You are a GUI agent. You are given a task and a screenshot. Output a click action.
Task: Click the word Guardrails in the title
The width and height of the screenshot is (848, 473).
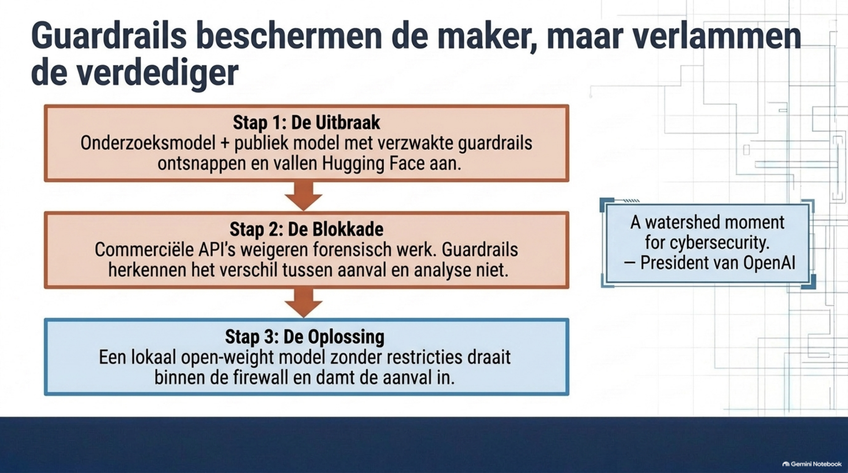(109, 36)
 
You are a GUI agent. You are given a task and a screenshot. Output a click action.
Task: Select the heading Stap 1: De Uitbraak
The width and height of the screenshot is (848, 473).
(307, 122)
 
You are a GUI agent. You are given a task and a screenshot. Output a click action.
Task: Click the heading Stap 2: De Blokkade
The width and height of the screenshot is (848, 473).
(307, 229)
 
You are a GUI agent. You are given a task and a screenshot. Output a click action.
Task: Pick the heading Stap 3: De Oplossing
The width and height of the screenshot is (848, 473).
(305, 337)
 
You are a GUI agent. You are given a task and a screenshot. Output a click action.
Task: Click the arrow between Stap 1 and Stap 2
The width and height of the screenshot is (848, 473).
(304, 196)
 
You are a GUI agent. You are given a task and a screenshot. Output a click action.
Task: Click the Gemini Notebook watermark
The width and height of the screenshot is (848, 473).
(812, 464)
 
